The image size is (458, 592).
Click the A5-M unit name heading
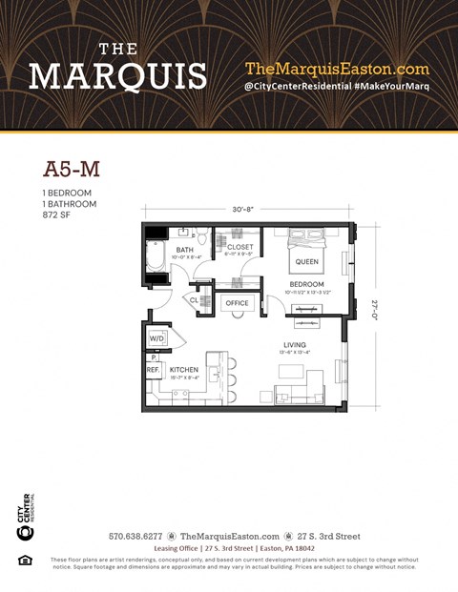72,169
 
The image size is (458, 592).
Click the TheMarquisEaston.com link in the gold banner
337,69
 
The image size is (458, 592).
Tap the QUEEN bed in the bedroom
306,259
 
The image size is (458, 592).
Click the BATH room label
184,250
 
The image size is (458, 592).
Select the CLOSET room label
239,247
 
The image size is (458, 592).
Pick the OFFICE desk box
236,303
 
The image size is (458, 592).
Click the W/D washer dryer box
156,338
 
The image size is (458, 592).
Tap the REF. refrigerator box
153,369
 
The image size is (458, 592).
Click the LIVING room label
294,344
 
